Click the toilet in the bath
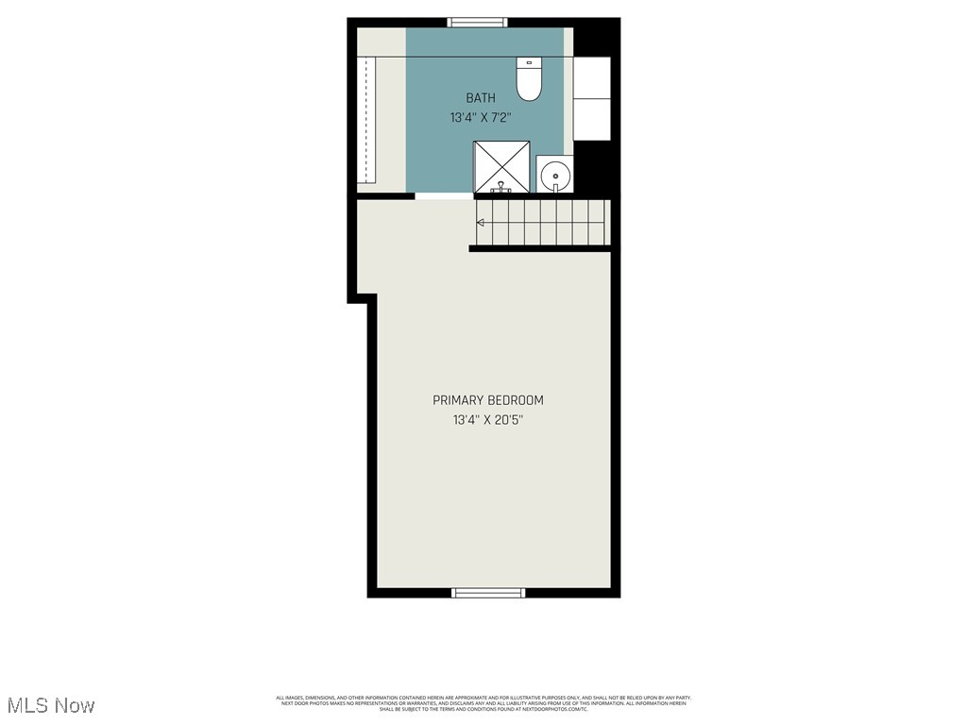529,80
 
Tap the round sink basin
555,175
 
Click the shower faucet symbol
501,187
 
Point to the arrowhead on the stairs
481,223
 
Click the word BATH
480,98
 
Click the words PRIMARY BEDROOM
487,400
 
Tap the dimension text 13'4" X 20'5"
487,420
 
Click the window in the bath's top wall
477,23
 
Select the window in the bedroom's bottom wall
488,593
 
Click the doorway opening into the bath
444,196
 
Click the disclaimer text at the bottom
483,703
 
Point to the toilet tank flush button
529,63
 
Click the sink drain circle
556,175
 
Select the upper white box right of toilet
592,76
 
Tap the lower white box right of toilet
592,119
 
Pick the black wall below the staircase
540,248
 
